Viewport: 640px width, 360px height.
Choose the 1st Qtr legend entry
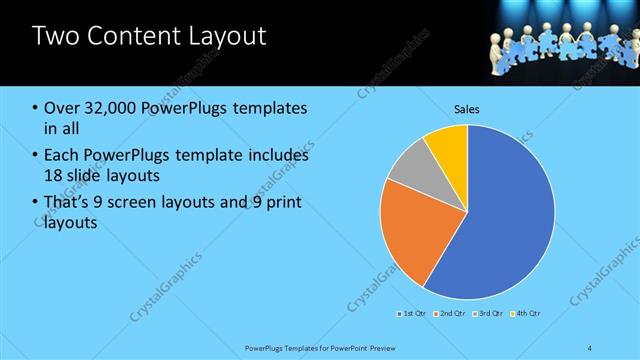[413, 315]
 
